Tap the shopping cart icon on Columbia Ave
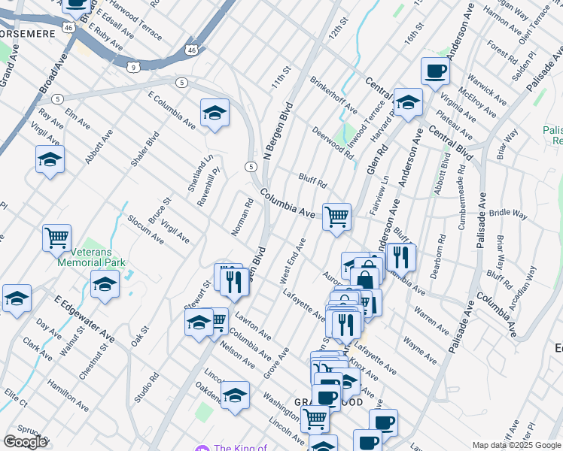336,216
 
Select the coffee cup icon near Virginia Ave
435,71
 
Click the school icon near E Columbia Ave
215,113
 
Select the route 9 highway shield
132,68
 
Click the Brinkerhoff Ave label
333,95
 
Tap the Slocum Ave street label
145,229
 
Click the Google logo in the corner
25,441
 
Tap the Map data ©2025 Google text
516,445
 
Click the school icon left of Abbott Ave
50,159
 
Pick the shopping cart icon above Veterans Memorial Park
57,238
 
